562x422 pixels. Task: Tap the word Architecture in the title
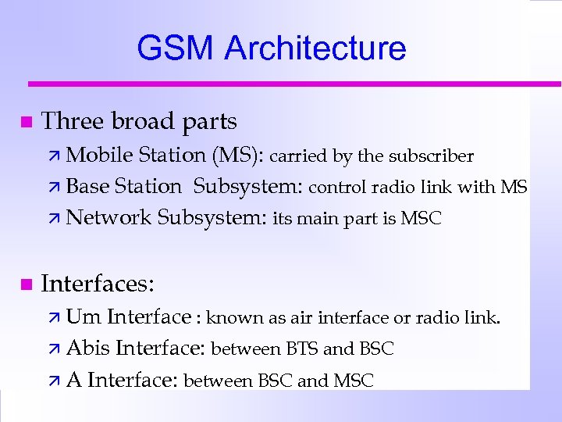coord(315,48)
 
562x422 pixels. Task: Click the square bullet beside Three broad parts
coord(26,122)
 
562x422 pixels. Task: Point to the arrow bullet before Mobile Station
coord(55,156)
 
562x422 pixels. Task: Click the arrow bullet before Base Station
coord(55,188)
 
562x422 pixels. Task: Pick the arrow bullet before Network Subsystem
coord(55,219)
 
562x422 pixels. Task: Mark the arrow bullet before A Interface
coord(55,381)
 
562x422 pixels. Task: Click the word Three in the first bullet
coord(73,122)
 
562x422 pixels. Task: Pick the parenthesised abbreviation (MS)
coord(238,156)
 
